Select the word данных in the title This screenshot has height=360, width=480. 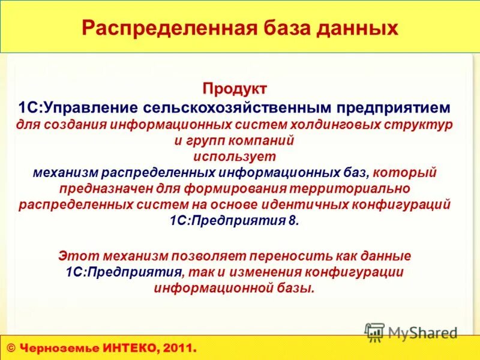(x=364, y=28)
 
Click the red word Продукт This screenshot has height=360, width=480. (x=235, y=89)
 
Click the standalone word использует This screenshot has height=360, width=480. (x=235, y=157)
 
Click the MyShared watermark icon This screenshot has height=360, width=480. (x=374, y=332)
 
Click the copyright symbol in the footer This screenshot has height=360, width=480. (x=11, y=348)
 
